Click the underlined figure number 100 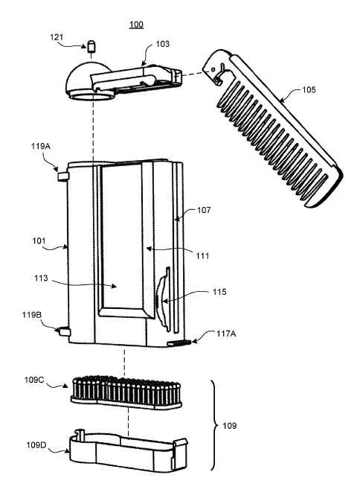(x=136, y=25)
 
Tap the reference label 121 (x=57, y=37)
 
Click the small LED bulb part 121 (x=91, y=46)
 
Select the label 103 (x=162, y=44)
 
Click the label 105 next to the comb (x=309, y=89)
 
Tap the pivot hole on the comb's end (x=212, y=69)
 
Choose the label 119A (x=40, y=146)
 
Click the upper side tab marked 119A (x=63, y=176)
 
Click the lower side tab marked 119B (x=64, y=331)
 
